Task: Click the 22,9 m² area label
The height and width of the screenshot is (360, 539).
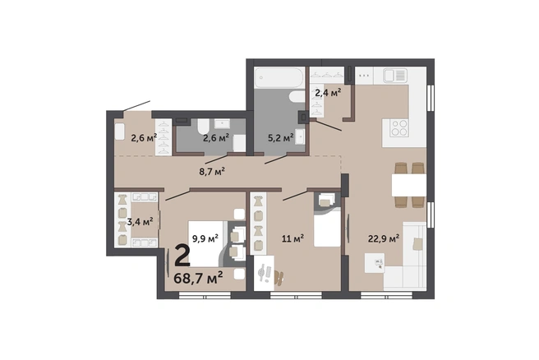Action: coord(384,238)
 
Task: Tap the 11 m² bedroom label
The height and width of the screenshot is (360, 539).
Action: coord(293,238)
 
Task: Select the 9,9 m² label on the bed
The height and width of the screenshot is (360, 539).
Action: coord(205,238)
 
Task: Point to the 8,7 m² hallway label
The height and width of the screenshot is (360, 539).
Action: coord(212,171)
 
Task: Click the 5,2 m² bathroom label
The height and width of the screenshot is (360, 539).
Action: coord(281,138)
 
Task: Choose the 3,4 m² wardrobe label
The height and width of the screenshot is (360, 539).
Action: coord(140,221)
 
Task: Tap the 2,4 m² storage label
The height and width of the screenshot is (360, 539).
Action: coord(328,93)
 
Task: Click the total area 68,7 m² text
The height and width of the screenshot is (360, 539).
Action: coord(198,278)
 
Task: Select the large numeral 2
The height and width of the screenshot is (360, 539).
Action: coord(182,256)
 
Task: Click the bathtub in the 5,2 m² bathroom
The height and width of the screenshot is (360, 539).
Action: coord(279,77)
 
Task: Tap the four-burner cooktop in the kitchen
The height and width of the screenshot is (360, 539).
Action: coord(399,128)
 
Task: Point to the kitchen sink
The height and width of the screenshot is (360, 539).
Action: coord(395,76)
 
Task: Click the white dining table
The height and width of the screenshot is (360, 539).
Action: coord(409,185)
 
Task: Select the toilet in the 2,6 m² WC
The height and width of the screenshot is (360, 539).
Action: coord(202,127)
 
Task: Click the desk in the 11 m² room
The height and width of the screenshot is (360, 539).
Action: coord(264,273)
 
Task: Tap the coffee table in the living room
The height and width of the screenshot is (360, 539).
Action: coord(375,263)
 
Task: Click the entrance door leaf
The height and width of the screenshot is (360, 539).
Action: coord(136,106)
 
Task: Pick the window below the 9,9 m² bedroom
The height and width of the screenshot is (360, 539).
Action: coord(205,295)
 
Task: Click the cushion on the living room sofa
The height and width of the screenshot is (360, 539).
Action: coord(418,244)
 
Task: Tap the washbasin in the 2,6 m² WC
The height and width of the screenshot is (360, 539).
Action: coord(222,123)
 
